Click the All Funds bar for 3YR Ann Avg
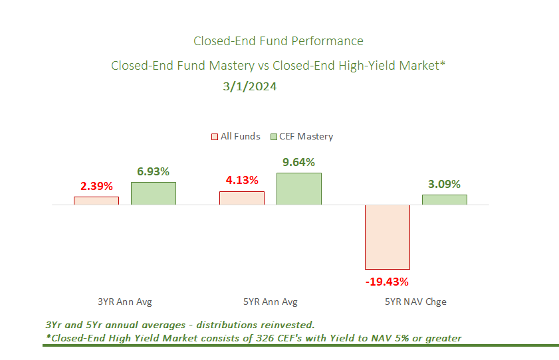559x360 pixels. (x=96, y=201)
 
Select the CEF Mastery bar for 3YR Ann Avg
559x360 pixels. (x=154, y=193)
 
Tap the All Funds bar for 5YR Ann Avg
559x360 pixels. (x=242, y=198)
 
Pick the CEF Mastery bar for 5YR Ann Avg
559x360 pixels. (x=299, y=189)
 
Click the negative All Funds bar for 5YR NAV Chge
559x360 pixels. (x=388, y=236)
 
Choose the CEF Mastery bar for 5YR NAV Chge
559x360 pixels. (x=445, y=199)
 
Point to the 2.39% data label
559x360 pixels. (x=96, y=186)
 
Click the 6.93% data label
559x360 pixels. (x=154, y=172)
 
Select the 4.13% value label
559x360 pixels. (x=242, y=180)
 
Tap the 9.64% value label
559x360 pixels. (x=299, y=162)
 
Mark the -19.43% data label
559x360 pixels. (x=387, y=281)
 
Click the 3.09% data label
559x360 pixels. (x=445, y=184)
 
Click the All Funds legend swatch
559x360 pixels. (x=215, y=137)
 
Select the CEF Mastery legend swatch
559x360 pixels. (x=274, y=137)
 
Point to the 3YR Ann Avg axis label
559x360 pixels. (x=125, y=302)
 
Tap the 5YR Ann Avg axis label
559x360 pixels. (x=271, y=302)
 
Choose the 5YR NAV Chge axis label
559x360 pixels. (x=416, y=302)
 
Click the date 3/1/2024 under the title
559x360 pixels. (x=250, y=86)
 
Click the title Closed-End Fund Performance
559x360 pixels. (x=279, y=41)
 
